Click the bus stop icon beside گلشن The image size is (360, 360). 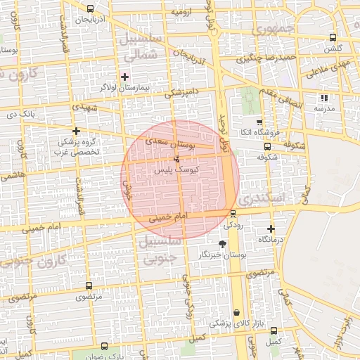pos(333,38)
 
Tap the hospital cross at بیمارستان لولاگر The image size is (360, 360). pos(125,77)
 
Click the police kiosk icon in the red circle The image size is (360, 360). pos(176,158)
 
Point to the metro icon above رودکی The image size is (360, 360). pos(233,214)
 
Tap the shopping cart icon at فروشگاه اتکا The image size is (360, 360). pos(259,121)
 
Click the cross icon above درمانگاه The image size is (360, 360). pos(271,229)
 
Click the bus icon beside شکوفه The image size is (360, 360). pos(267,146)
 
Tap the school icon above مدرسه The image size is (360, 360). pos(323,98)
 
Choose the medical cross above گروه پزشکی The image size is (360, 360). pos(77,131)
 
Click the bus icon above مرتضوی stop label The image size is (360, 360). pos(89,285)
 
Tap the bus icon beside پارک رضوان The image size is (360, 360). pos(105,346)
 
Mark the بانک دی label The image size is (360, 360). pos(39,113)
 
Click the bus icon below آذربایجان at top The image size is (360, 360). pos(90,8)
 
